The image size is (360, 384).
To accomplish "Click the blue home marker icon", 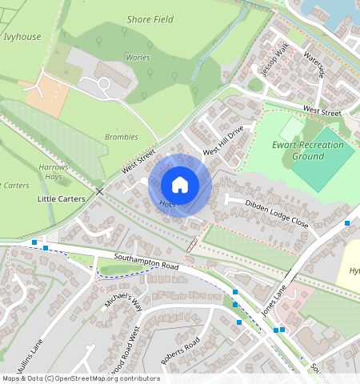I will [x=180, y=185].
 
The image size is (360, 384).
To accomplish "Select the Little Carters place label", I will [x=62, y=198].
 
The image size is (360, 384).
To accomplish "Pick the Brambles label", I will [x=122, y=137].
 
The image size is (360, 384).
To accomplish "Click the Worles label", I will [x=138, y=58].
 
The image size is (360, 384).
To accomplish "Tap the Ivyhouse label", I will [x=22, y=36].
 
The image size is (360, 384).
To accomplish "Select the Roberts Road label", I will [x=180, y=353].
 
